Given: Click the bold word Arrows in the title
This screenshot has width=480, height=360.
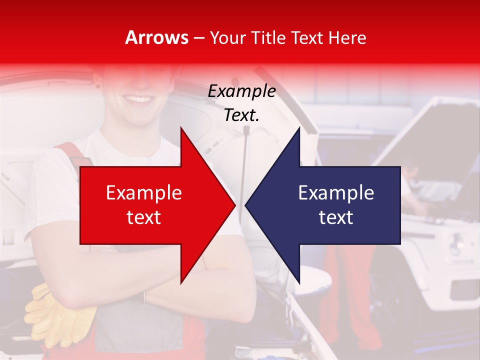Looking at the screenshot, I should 156,37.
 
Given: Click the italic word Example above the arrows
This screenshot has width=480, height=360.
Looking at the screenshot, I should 241,91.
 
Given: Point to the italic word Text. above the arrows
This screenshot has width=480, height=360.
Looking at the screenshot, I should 241,115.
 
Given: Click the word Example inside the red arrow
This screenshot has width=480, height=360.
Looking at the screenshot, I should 144,193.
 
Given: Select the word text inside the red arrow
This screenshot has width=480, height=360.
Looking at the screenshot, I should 144,217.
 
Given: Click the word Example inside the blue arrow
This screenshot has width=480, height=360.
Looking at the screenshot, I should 336,193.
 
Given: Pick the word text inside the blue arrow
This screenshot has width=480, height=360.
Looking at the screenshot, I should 336,217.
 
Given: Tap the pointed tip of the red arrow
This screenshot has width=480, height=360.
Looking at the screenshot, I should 234,205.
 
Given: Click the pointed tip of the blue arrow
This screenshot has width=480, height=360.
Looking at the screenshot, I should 246,205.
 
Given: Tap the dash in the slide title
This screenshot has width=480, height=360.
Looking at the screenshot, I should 198,38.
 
